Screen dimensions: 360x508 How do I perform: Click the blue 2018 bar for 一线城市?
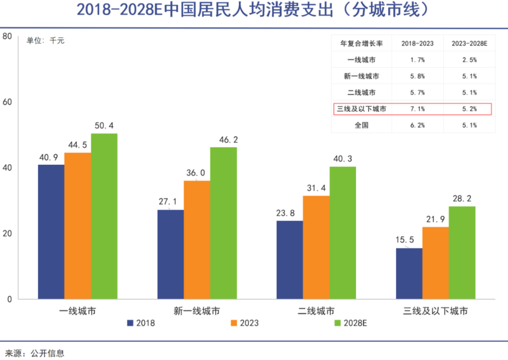coord(51,232)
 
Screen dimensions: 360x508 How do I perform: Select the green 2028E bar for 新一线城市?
coord(224,223)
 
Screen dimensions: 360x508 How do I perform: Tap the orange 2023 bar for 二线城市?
coord(316,247)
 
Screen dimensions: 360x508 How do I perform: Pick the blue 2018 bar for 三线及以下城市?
coord(409,274)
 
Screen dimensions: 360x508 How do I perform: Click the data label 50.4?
coord(104,125)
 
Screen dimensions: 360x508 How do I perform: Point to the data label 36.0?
coord(196,173)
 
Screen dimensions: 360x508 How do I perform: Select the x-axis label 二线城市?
coord(316,311)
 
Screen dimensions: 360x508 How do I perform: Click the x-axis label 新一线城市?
coord(197,311)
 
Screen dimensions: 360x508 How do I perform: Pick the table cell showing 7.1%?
coord(417,109)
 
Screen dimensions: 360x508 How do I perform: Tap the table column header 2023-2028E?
coord(469,44)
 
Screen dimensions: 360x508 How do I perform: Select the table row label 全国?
coord(361,125)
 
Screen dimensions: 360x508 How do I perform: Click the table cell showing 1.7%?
coord(417,60)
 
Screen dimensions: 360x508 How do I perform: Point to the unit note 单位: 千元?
coord(46,41)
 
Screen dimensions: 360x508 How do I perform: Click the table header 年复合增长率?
coord(361,44)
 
